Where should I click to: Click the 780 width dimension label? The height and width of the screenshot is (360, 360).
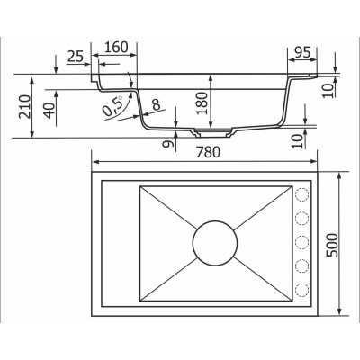pyautogui.click(x=208, y=152)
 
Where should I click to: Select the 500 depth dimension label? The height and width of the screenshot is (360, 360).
pyautogui.click(x=332, y=245)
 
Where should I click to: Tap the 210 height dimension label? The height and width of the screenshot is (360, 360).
pyautogui.click(x=25, y=106)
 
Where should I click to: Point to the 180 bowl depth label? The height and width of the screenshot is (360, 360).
pyautogui.click(x=202, y=103)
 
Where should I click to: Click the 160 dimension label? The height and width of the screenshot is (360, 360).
pyautogui.click(x=116, y=48)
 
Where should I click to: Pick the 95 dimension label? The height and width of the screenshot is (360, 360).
pyautogui.click(x=302, y=52)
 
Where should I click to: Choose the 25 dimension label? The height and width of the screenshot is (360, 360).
pyautogui.click(x=75, y=57)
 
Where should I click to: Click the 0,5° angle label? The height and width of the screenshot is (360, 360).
pyautogui.click(x=112, y=106)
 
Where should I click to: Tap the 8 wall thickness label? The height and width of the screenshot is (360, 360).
pyautogui.click(x=156, y=105)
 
